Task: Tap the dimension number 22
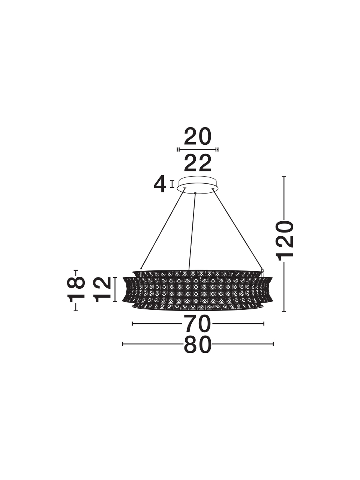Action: (198, 163)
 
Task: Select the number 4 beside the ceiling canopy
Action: (160, 184)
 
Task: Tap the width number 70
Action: (198, 330)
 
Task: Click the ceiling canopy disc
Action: (198, 184)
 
